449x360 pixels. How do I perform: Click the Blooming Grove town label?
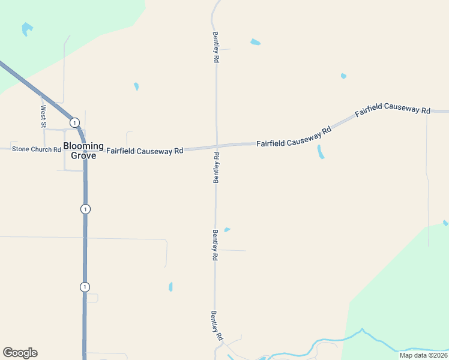[83, 151]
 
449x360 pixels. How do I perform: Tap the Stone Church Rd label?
[37, 149]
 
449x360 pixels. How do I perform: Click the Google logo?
[20, 353]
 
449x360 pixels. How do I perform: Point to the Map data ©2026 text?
[423, 355]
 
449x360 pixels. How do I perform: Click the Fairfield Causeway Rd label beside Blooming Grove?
[145, 151]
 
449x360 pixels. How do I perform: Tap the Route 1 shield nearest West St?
[74, 122]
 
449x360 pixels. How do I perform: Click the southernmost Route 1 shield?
[85, 287]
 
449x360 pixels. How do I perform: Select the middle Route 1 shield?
[85, 209]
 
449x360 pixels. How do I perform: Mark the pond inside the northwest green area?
[26, 28]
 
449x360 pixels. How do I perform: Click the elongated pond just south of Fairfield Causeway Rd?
[321, 152]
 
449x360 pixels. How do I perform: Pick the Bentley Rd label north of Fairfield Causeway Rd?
[215, 47]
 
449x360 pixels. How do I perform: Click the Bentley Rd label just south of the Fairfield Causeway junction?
[216, 168]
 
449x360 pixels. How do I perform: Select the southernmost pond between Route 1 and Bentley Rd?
[170, 287]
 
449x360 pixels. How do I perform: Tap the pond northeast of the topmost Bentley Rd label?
[255, 42]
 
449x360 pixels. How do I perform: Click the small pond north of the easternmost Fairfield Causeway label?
[343, 76]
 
